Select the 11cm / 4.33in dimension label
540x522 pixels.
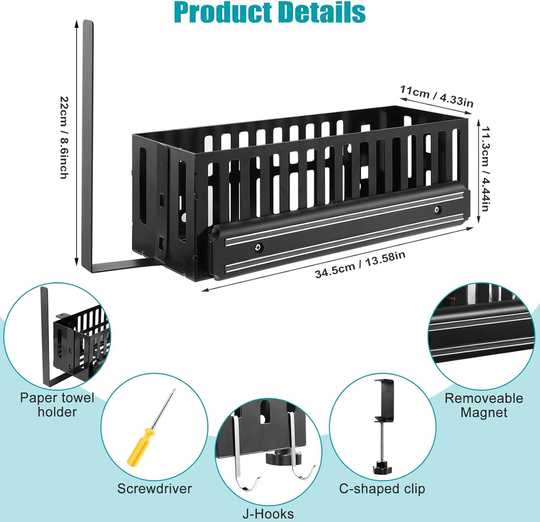pyautogui.click(x=437, y=96)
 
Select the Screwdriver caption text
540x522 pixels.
pyautogui.click(x=154, y=488)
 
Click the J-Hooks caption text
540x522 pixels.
pyautogui.click(x=267, y=513)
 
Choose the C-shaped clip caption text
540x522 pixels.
pyautogui.click(x=382, y=488)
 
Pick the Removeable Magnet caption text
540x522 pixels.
pyautogui.click(x=484, y=405)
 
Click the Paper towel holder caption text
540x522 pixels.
pyautogui.click(x=57, y=405)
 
